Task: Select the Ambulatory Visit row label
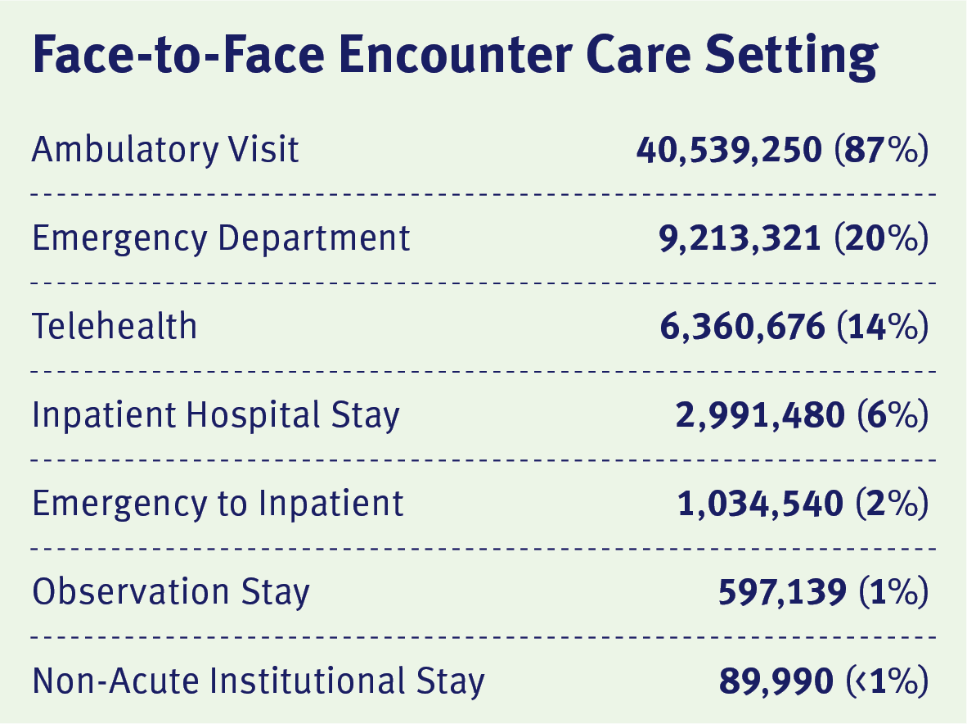point(166,150)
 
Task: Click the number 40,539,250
point(728,150)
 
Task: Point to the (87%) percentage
point(880,150)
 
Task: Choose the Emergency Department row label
point(221,238)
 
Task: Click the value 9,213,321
point(740,238)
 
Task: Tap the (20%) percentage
point(880,238)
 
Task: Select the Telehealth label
point(115,327)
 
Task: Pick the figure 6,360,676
point(742,327)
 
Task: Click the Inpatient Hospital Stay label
point(216,415)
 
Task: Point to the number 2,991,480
point(760,415)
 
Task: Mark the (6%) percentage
point(892,415)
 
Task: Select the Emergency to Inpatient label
point(218,504)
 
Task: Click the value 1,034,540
point(760,504)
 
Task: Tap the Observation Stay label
point(171,592)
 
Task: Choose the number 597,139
point(782,592)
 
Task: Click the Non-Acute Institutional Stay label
point(259,681)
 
